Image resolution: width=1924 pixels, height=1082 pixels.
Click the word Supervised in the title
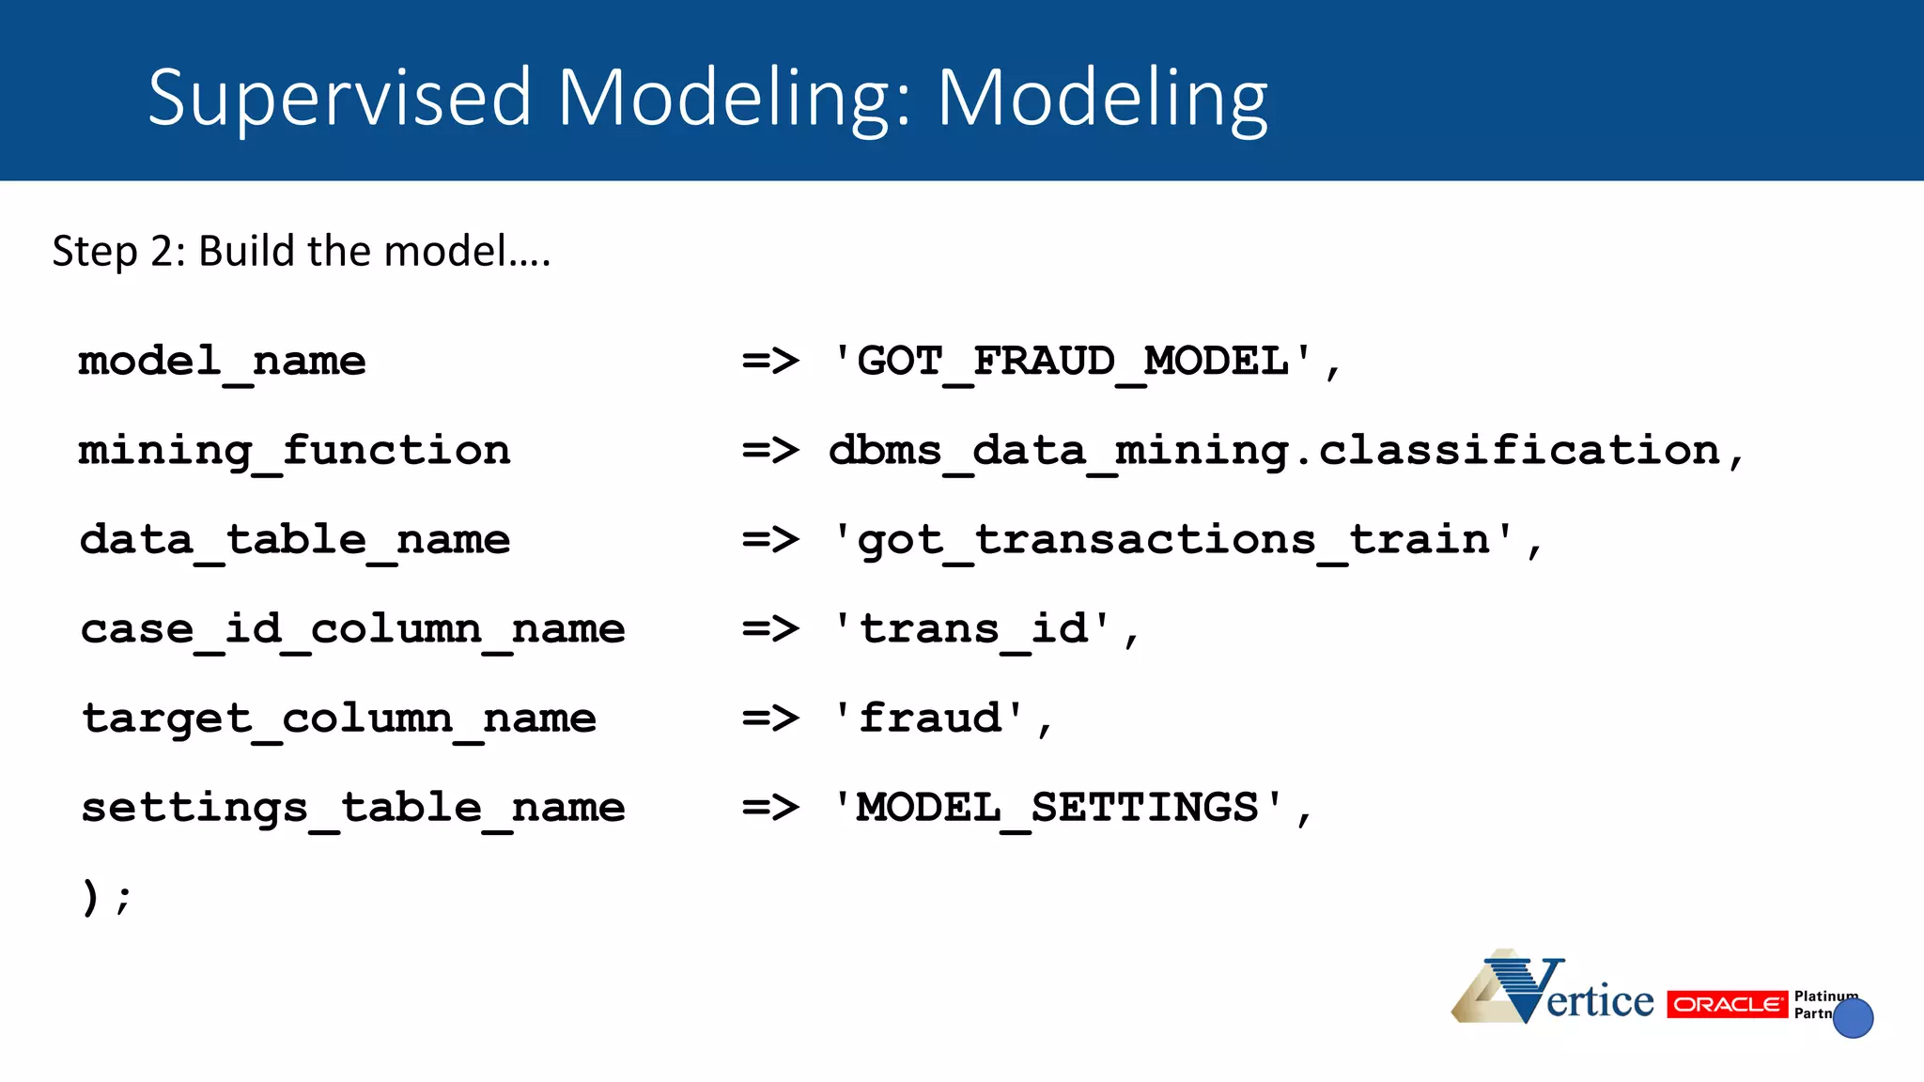click(340, 99)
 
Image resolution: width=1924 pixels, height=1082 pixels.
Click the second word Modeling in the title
click(1102, 99)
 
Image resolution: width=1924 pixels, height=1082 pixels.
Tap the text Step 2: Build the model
click(301, 252)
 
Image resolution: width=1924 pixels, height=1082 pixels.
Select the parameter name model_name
click(223, 362)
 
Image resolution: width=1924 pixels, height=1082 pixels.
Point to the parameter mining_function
click(295, 451)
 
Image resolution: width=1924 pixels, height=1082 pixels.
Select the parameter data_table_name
click(295, 540)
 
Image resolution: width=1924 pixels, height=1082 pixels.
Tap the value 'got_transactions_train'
click(1174, 540)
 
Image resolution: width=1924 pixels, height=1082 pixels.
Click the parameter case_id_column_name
click(353, 629)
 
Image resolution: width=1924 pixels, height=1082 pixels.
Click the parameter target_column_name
click(339, 719)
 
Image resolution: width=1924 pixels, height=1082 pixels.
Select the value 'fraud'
click(930, 719)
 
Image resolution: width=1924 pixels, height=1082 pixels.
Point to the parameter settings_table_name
click(353, 808)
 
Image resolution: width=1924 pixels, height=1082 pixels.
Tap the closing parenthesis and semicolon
click(105, 897)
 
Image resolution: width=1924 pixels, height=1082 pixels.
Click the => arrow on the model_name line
click(770, 362)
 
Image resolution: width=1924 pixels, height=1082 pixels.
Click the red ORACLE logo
click(1727, 1004)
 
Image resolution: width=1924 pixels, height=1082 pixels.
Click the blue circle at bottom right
click(1853, 1018)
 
